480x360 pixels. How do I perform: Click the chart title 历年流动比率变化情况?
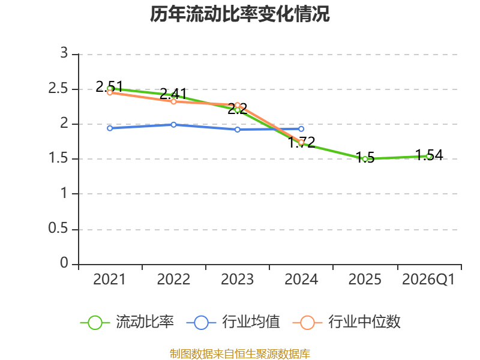pyautogui.click(x=240, y=14)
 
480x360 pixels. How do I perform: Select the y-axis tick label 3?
pyautogui.click(x=65, y=54)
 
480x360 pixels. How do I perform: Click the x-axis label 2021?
pyautogui.click(x=110, y=280)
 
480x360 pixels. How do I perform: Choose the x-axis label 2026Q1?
pyautogui.click(x=428, y=280)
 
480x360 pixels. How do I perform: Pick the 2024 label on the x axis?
pyautogui.click(x=301, y=280)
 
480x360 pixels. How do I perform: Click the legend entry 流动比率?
pyautogui.click(x=128, y=322)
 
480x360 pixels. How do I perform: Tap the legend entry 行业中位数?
pyautogui.click(x=348, y=322)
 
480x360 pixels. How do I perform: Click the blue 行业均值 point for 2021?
pyautogui.click(x=110, y=128)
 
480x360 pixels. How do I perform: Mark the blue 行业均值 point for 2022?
pyautogui.click(x=173, y=125)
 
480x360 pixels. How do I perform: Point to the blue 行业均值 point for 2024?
pyautogui.click(x=301, y=129)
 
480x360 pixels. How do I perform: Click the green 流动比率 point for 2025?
pyautogui.click(x=365, y=159)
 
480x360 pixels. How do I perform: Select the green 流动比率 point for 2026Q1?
pyautogui.click(x=428, y=156)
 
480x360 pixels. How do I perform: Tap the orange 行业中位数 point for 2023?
pyautogui.click(x=238, y=105)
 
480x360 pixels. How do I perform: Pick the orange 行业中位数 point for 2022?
pyautogui.click(x=173, y=101)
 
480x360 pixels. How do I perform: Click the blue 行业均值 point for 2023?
pyautogui.click(x=238, y=130)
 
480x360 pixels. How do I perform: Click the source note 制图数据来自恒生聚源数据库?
pyautogui.click(x=240, y=353)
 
